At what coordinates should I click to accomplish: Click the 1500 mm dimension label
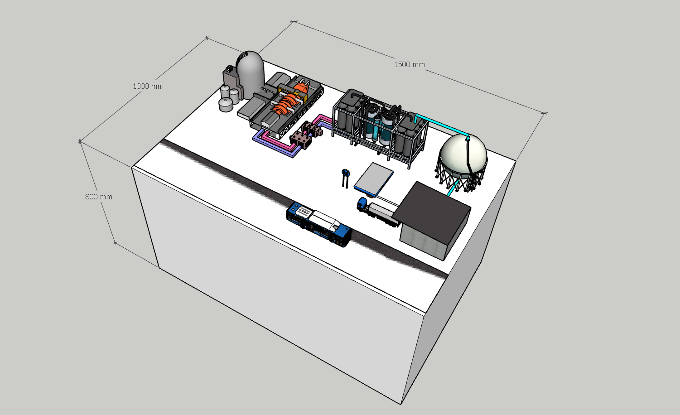point(409,64)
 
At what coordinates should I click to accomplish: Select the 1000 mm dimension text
point(148,86)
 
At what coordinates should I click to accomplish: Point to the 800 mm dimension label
point(99,197)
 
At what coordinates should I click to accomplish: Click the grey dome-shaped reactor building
point(250,75)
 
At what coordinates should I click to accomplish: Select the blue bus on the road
point(319,223)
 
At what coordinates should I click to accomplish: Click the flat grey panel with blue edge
point(374,179)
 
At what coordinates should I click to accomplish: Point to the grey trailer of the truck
point(384,212)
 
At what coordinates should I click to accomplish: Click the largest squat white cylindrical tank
point(226,105)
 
